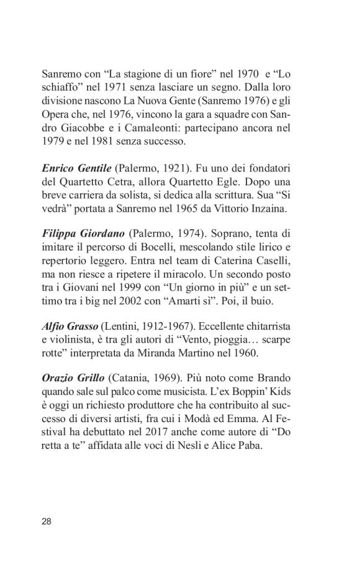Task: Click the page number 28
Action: click(48, 520)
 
